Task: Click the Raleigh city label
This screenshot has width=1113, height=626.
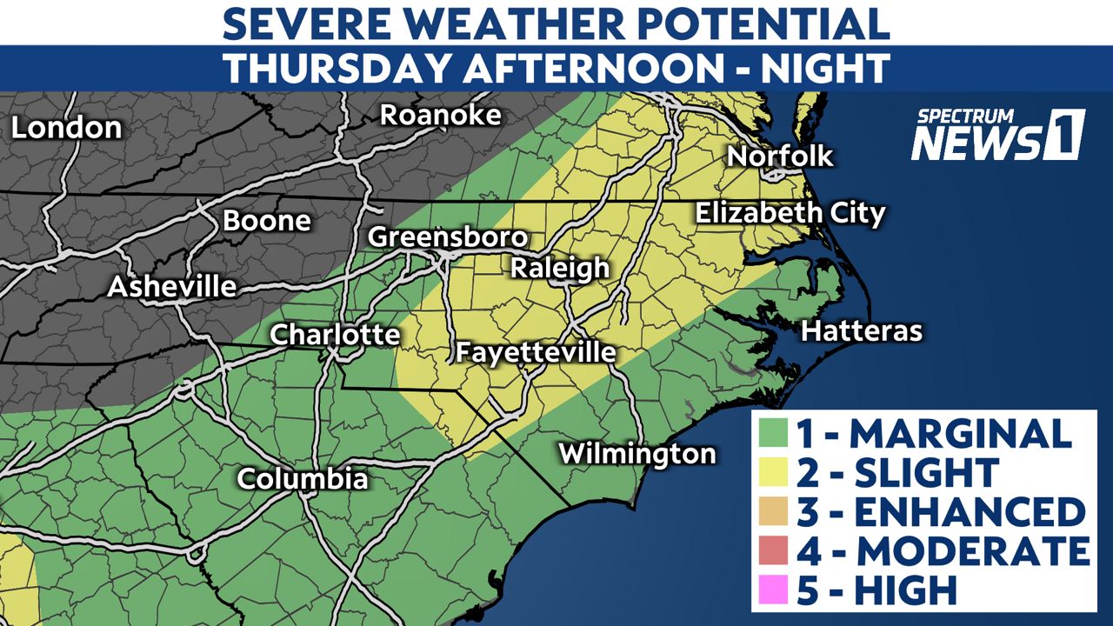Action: (x=559, y=268)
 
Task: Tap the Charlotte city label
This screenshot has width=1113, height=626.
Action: (x=335, y=335)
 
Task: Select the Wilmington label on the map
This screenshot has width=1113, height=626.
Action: (x=636, y=453)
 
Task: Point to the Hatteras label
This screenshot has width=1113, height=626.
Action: (x=861, y=330)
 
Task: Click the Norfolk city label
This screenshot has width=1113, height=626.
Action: (x=780, y=156)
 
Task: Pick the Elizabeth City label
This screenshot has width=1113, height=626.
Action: (x=789, y=213)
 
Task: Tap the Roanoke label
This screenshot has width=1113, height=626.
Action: (x=441, y=115)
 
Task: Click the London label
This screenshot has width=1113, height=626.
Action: (x=66, y=129)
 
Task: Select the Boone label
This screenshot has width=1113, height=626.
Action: (x=267, y=221)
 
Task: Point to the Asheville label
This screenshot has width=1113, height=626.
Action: (x=172, y=287)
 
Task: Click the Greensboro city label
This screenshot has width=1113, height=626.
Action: (x=448, y=237)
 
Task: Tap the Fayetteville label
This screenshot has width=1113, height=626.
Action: (x=536, y=353)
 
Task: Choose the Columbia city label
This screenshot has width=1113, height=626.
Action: (x=303, y=478)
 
